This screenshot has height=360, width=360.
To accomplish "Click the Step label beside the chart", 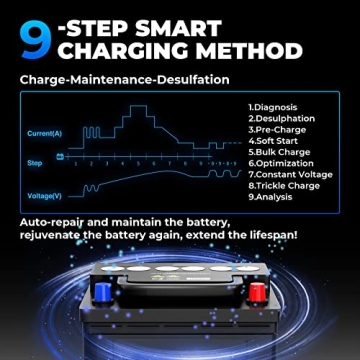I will [34, 160].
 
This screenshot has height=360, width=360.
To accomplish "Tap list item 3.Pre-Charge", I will [273, 128].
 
